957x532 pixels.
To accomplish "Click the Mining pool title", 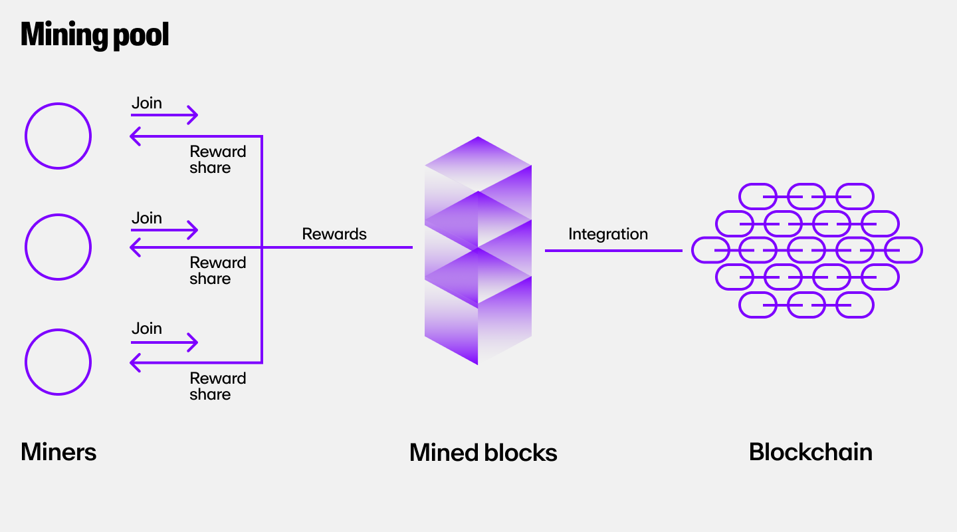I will point(95,35).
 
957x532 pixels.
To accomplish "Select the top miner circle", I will point(58,136).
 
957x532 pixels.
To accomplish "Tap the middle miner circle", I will point(58,247).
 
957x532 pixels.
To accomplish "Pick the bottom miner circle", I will point(58,362).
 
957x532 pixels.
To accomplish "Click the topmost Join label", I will point(147,103).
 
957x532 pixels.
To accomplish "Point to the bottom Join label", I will point(147,329).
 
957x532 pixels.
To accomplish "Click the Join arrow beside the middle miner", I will point(165,230).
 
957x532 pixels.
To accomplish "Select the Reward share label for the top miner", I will point(218,160).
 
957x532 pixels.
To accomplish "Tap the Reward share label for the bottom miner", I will point(218,386).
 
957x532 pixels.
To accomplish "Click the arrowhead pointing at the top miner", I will point(136,136).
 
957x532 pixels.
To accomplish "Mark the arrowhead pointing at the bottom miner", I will point(136,362).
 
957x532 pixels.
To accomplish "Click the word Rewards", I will point(334,234).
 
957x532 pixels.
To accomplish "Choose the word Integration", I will point(608,234).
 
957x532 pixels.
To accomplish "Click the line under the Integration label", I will point(613,251).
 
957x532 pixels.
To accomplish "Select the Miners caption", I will point(58,452).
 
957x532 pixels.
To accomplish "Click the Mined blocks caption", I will point(483,452).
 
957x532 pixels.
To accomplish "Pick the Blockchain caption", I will point(810,452).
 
